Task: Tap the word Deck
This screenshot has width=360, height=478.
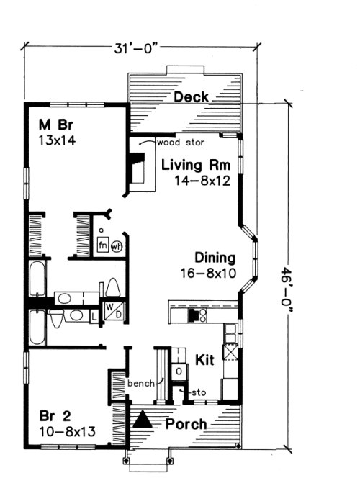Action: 191,97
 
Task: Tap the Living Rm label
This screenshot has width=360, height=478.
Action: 195,166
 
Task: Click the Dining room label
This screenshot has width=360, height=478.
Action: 215,258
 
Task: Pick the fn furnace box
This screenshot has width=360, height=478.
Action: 103,245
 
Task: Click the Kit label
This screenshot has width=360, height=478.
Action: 206,359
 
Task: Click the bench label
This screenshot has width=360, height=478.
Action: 140,384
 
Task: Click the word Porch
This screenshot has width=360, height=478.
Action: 186,423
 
